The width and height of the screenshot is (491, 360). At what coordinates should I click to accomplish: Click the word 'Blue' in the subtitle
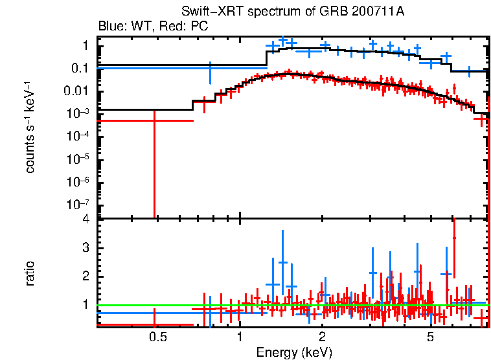(x=110, y=27)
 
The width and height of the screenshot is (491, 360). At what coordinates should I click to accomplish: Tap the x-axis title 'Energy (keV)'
(x=294, y=352)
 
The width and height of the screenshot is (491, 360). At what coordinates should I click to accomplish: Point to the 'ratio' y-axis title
(x=30, y=273)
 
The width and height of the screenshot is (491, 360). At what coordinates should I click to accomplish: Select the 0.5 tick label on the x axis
(x=155, y=337)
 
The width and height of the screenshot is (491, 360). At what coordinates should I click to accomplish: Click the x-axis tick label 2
(x=322, y=337)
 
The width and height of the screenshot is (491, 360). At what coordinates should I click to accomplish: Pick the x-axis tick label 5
(x=431, y=337)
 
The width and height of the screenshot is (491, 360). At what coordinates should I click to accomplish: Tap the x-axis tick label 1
(x=240, y=337)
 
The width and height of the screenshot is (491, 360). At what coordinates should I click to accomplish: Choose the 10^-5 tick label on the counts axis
(x=77, y=157)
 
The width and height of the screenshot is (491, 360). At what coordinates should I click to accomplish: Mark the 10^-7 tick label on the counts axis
(x=77, y=203)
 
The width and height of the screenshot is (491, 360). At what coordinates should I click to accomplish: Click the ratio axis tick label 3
(x=85, y=248)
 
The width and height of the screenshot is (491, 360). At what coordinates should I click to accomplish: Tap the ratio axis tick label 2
(x=85, y=276)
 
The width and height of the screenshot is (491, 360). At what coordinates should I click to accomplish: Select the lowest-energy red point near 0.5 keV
(x=154, y=120)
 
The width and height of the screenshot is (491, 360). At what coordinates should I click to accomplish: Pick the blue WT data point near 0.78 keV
(x=210, y=67)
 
